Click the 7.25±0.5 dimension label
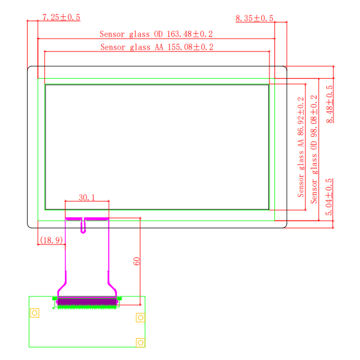click(61, 17)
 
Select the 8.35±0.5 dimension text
click(254, 18)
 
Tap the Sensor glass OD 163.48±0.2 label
click(156, 34)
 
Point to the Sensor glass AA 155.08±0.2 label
click(157, 47)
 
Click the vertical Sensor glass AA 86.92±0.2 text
click(301, 147)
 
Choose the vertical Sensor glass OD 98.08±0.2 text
click(314, 149)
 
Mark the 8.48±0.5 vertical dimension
click(329, 104)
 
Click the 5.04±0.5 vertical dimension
click(329, 197)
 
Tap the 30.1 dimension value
click(87, 198)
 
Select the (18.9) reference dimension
click(51, 240)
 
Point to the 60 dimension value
click(136, 261)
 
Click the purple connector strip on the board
click(87, 301)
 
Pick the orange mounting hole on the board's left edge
click(35, 313)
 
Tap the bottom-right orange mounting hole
click(140, 342)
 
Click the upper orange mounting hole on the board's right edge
click(140, 318)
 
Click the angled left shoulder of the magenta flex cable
click(62, 287)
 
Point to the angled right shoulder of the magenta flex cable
click(112, 287)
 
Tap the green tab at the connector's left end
click(54, 298)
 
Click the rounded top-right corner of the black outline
click(285, 67)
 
